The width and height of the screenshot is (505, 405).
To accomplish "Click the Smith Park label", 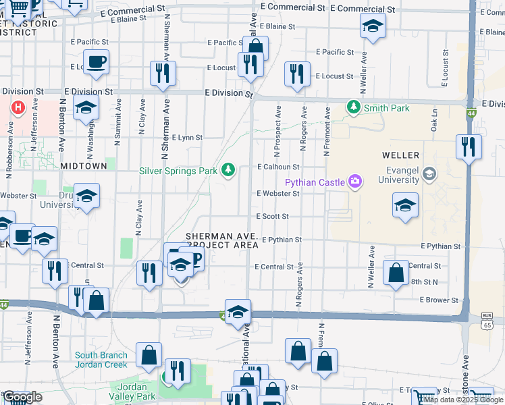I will [387, 107].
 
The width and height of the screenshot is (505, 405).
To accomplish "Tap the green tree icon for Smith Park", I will [352, 107].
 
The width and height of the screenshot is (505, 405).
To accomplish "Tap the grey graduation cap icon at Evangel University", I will [428, 175].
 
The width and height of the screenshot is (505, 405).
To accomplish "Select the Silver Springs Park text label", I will [178, 171].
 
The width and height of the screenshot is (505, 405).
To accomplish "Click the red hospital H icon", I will [18, 107].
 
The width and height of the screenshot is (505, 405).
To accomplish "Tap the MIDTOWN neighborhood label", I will [84, 165].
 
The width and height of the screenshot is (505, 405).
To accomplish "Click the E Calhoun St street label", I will [277, 167].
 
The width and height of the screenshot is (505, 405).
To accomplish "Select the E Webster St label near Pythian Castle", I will [277, 194].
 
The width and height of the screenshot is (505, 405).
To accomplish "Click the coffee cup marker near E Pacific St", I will [95, 62].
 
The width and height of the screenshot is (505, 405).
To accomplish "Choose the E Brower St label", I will [439, 300].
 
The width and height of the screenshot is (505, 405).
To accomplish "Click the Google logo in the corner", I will [22, 397].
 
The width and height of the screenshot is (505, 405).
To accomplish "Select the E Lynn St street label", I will [187, 138].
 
